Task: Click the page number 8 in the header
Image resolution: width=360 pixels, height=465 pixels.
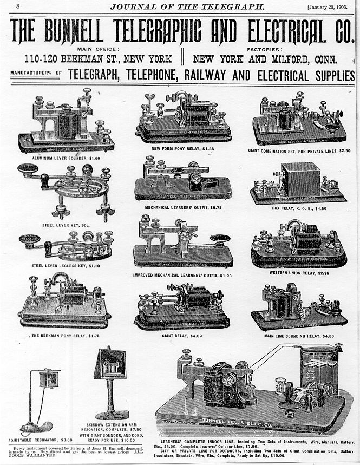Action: (x=18, y=6)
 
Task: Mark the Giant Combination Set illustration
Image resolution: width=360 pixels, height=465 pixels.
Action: (x=299, y=120)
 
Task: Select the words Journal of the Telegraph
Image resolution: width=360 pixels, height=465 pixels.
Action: (x=188, y=6)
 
